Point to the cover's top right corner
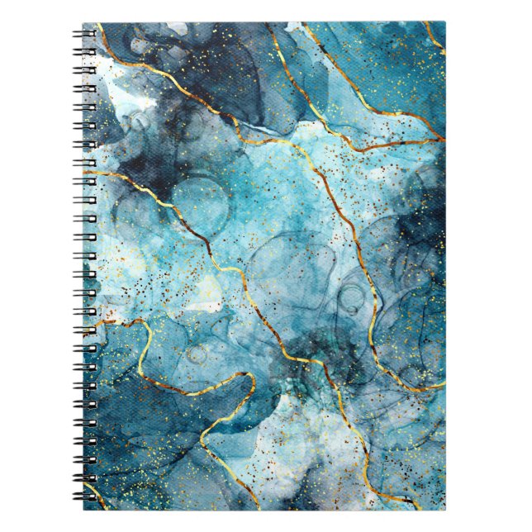[444, 23]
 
